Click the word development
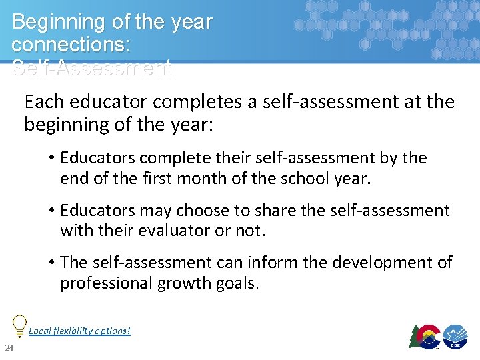coord(382,263)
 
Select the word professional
coord(106,283)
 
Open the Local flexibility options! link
coord(79,331)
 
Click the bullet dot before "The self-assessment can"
coord(51,263)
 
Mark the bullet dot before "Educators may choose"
coord(51,211)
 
